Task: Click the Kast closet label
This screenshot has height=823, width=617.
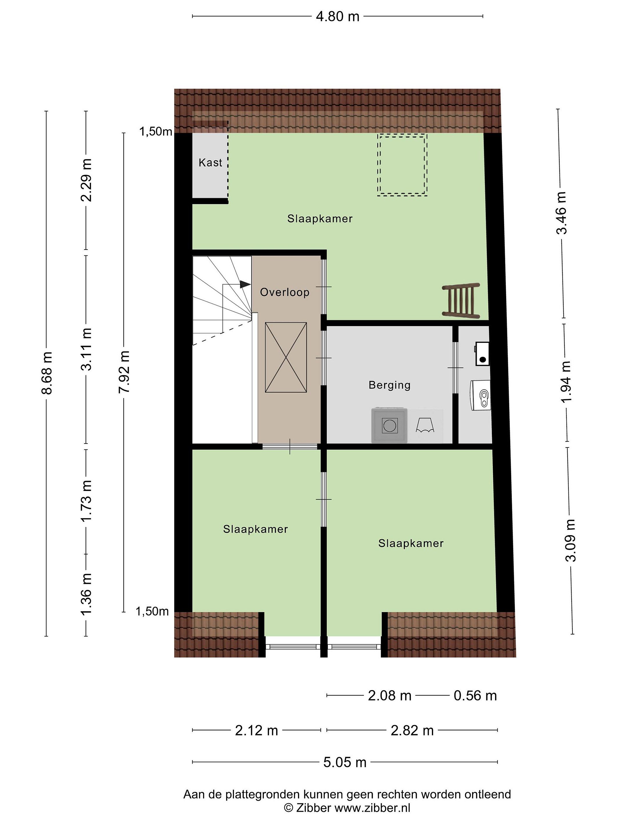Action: click(210, 163)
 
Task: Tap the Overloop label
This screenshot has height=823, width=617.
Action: click(285, 292)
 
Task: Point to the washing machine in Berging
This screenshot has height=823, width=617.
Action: click(389, 425)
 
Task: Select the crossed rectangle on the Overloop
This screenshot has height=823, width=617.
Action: click(286, 357)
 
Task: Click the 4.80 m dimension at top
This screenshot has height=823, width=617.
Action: click(337, 16)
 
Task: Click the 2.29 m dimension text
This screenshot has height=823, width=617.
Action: click(86, 180)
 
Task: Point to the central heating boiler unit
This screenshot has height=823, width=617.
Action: click(480, 395)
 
